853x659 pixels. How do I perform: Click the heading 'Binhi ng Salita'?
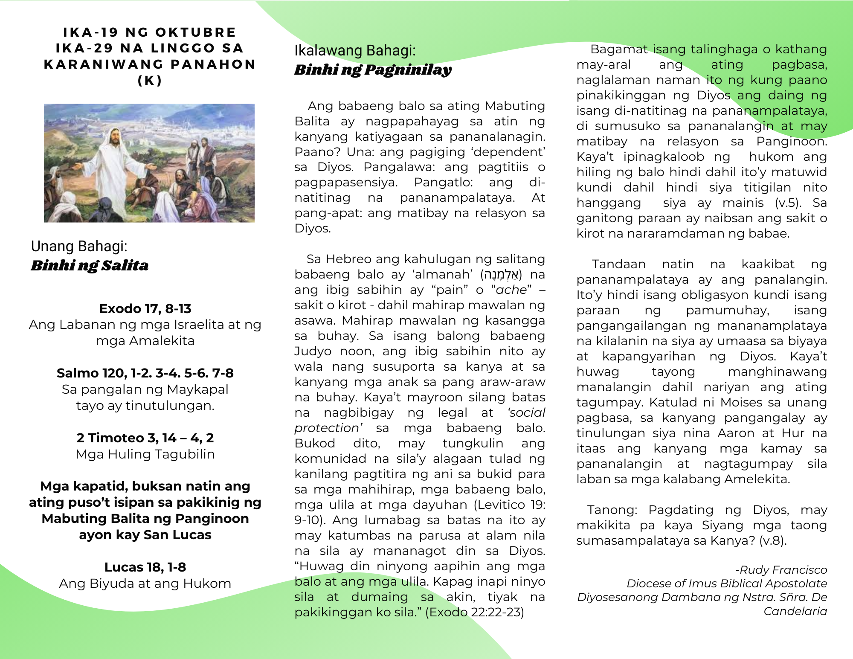(90, 265)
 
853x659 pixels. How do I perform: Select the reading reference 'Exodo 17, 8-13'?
(145, 308)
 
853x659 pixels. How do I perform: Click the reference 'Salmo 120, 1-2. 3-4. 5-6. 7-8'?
(145, 373)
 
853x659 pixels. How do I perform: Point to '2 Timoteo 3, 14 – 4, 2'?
(145, 438)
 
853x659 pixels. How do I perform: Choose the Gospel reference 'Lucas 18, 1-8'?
(145, 567)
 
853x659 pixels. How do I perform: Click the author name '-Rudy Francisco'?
(781, 570)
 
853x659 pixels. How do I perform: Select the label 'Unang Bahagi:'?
(79, 246)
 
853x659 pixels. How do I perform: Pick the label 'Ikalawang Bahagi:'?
(355, 50)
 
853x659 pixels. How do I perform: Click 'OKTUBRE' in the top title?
(195, 32)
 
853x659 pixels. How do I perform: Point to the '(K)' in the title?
(150, 81)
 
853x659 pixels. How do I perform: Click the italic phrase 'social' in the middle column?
(527, 412)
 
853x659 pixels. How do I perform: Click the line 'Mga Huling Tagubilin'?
(145, 454)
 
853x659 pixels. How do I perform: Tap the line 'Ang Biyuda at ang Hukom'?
(145, 583)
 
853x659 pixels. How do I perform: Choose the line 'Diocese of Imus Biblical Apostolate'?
(727, 584)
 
